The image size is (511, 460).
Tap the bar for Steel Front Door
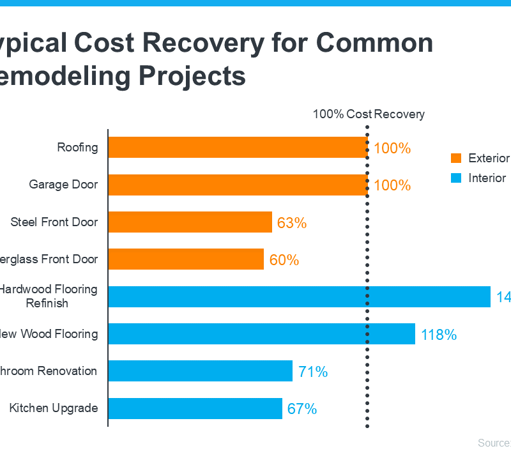(190, 222)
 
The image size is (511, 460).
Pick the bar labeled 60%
(186, 259)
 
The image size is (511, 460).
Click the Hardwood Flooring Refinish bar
(299, 296)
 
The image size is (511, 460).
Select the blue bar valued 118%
(262, 333)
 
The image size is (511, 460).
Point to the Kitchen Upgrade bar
(195, 408)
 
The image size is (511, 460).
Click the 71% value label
(312, 372)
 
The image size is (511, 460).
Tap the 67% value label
(302, 409)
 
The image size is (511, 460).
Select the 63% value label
(292, 223)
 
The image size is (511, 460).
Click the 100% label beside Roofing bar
(392, 148)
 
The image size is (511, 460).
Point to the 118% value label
(439, 334)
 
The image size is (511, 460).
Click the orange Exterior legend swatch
(456, 158)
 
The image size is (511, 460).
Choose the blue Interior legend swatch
(456, 178)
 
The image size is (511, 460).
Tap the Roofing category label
(78, 148)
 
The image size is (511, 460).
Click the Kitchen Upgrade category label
(54, 408)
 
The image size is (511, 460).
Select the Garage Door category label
(63, 185)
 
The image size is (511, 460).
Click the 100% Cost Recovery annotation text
(369, 114)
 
